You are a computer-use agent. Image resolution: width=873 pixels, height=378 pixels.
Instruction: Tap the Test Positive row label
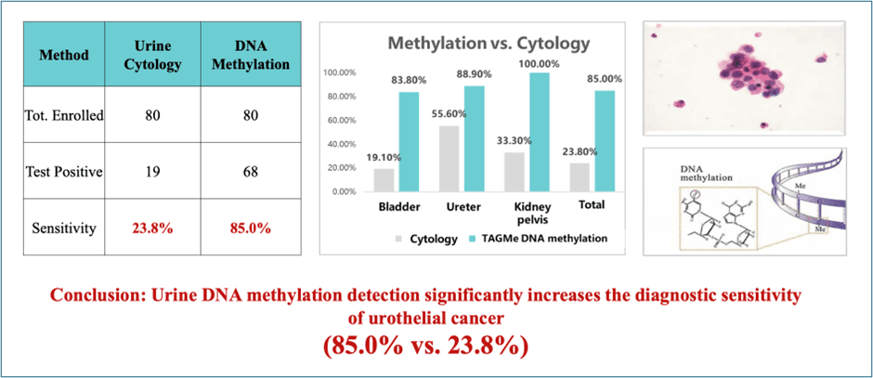click(64, 171)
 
